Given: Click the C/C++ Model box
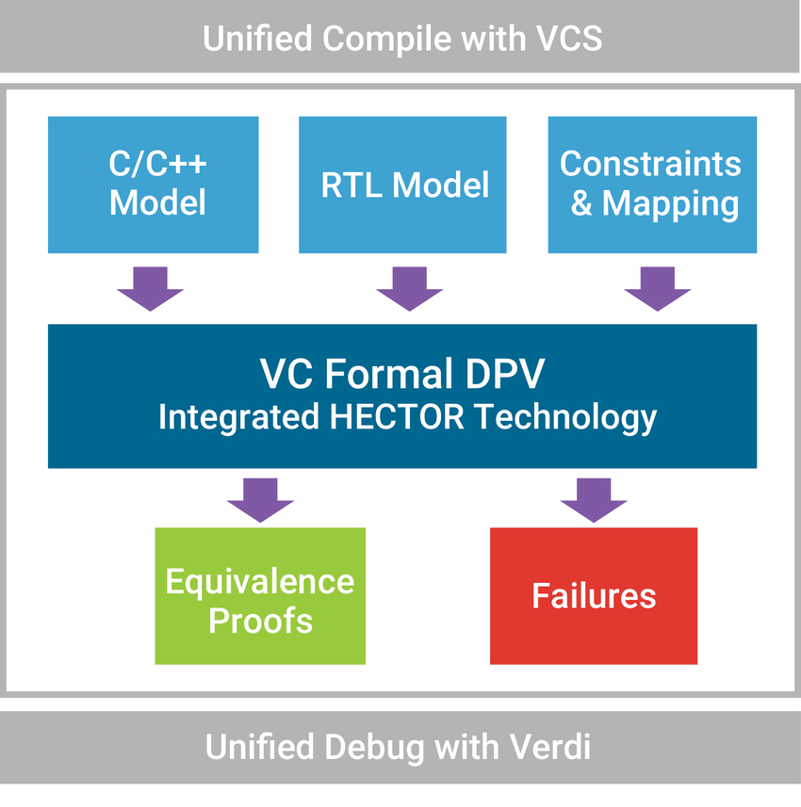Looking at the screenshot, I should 154,185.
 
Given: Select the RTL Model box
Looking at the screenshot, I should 403,185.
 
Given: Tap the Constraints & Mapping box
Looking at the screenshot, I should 652,185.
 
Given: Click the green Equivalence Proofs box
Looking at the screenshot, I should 260,596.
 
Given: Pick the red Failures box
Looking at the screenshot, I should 594,596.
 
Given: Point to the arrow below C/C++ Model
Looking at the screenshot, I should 151,288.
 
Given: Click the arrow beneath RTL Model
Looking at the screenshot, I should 409,288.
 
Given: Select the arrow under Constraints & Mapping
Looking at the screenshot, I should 658,288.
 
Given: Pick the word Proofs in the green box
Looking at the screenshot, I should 260,621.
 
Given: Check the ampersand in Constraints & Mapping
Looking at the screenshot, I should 581,203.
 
